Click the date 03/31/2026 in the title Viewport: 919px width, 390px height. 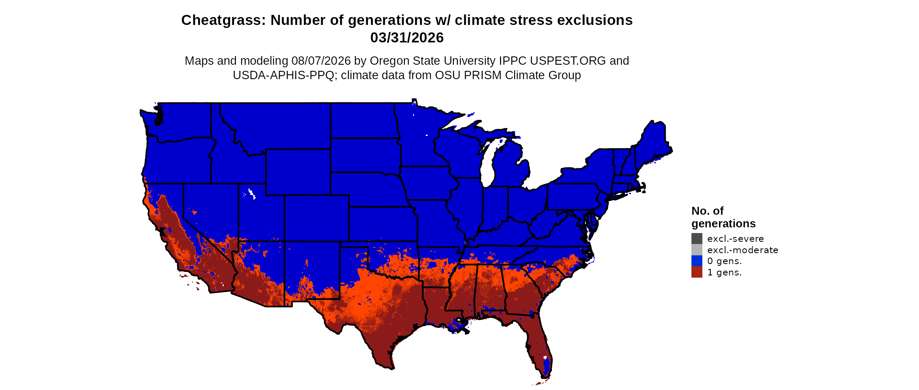pos(407,38)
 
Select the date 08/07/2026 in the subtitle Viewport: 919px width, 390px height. pos(321,61)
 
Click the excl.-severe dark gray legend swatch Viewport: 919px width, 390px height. pos(697,238)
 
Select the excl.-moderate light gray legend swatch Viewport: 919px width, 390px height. pos(697,250)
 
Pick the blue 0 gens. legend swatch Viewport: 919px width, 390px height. pos(697,261)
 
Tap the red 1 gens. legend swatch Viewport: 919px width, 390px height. pos(697,272)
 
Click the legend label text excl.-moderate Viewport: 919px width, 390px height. pos(743,250)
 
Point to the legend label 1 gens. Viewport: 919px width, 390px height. pos(724,273)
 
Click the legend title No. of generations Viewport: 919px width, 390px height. pos(723,217)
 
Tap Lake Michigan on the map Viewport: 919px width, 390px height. pos(488,164)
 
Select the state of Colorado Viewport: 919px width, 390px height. pos(316,218)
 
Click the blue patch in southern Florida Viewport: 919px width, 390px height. pos(545,367)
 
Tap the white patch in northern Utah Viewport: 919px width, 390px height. pos(251,193)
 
